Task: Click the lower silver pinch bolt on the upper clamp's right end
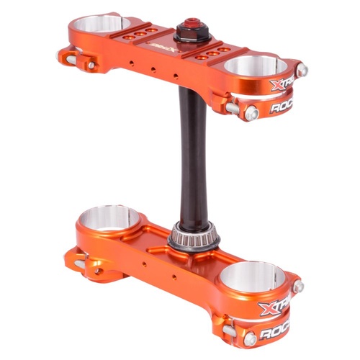251,114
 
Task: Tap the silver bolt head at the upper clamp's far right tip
303,70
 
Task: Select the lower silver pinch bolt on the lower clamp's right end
249,338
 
